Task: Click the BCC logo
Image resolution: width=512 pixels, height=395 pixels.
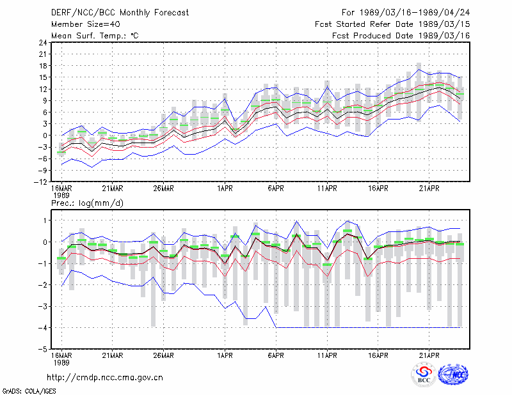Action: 424,375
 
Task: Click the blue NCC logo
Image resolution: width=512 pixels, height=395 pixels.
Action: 453,375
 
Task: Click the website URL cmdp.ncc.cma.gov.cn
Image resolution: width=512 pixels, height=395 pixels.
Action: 105,378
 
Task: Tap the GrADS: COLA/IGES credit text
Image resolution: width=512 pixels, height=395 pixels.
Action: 29,391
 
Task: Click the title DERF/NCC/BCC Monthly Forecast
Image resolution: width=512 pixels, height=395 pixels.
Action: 120,13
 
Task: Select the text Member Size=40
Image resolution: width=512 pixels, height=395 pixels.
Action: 86,24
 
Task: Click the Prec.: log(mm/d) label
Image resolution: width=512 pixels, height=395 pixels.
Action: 87,203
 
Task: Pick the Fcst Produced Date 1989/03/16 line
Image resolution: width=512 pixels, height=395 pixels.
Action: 401,36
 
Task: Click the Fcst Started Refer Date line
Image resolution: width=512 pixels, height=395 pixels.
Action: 392,24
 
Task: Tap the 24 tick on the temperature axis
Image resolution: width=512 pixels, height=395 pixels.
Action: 43,42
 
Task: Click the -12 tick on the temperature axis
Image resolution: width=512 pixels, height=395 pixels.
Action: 40,182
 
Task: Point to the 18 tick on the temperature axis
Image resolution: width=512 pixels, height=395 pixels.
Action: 43,66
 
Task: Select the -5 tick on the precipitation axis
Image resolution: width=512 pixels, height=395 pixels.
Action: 43,349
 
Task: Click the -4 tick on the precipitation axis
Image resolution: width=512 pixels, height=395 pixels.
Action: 43,327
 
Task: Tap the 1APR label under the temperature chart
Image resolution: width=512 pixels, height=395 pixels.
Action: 225,189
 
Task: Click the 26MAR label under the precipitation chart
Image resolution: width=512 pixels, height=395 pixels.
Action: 163,355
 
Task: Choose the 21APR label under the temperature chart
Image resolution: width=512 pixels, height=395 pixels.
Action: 429,189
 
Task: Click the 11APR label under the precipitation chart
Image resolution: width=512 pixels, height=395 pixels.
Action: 327,355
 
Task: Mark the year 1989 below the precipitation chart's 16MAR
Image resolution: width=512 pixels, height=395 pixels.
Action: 61,362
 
